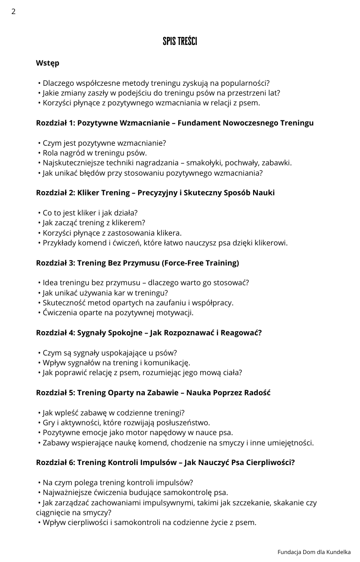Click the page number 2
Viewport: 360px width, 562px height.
point(14,12)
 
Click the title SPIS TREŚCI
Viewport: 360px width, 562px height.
point(180,42)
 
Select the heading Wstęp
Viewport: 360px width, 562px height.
point(47,63)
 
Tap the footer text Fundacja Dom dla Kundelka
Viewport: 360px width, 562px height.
point(314,552)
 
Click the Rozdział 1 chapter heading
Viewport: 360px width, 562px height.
point(175,123)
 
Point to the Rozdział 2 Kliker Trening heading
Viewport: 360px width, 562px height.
point(155,193)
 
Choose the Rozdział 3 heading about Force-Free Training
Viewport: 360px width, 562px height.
point(137,263)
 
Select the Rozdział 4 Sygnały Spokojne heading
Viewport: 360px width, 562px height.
point(149,333)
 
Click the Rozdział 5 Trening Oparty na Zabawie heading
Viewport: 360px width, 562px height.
point(153,393)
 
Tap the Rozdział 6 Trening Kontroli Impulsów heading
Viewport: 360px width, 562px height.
point(165,463)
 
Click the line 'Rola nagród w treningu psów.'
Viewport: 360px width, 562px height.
point(94,153)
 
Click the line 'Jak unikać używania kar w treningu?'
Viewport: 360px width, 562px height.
point(105,293)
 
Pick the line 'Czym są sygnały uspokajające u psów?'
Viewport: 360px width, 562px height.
point(110,353)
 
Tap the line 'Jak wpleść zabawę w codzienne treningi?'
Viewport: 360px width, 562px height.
point(113,413)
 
